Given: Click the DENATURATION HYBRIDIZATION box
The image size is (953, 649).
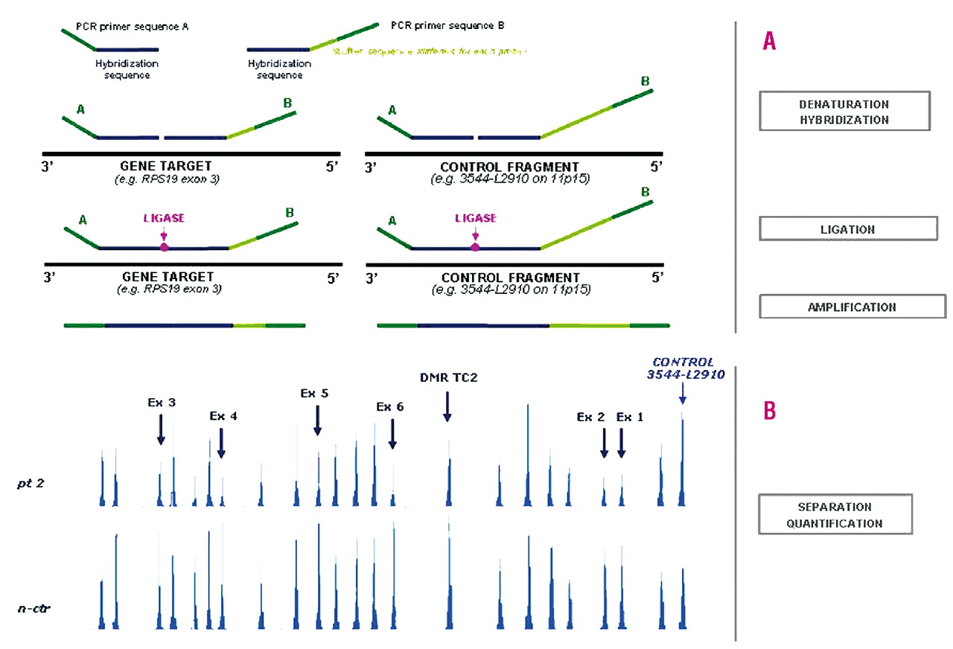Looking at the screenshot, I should tap(844, 111).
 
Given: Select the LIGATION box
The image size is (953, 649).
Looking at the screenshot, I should tap(847, 228).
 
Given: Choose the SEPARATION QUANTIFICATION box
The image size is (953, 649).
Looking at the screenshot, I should tap(835, 515).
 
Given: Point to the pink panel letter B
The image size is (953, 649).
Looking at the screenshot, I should tap(769, 411).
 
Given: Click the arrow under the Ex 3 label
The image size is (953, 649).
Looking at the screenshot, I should tap(161, 429).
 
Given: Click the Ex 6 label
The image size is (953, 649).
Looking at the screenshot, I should tap(389, 406).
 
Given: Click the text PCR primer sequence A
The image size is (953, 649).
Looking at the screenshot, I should tap(133, 27).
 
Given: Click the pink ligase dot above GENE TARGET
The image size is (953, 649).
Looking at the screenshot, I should tap(164, 246).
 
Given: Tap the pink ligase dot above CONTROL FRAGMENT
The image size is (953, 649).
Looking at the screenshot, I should tap(475, 246).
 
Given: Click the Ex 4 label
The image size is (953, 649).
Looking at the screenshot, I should tap(223, 417).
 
